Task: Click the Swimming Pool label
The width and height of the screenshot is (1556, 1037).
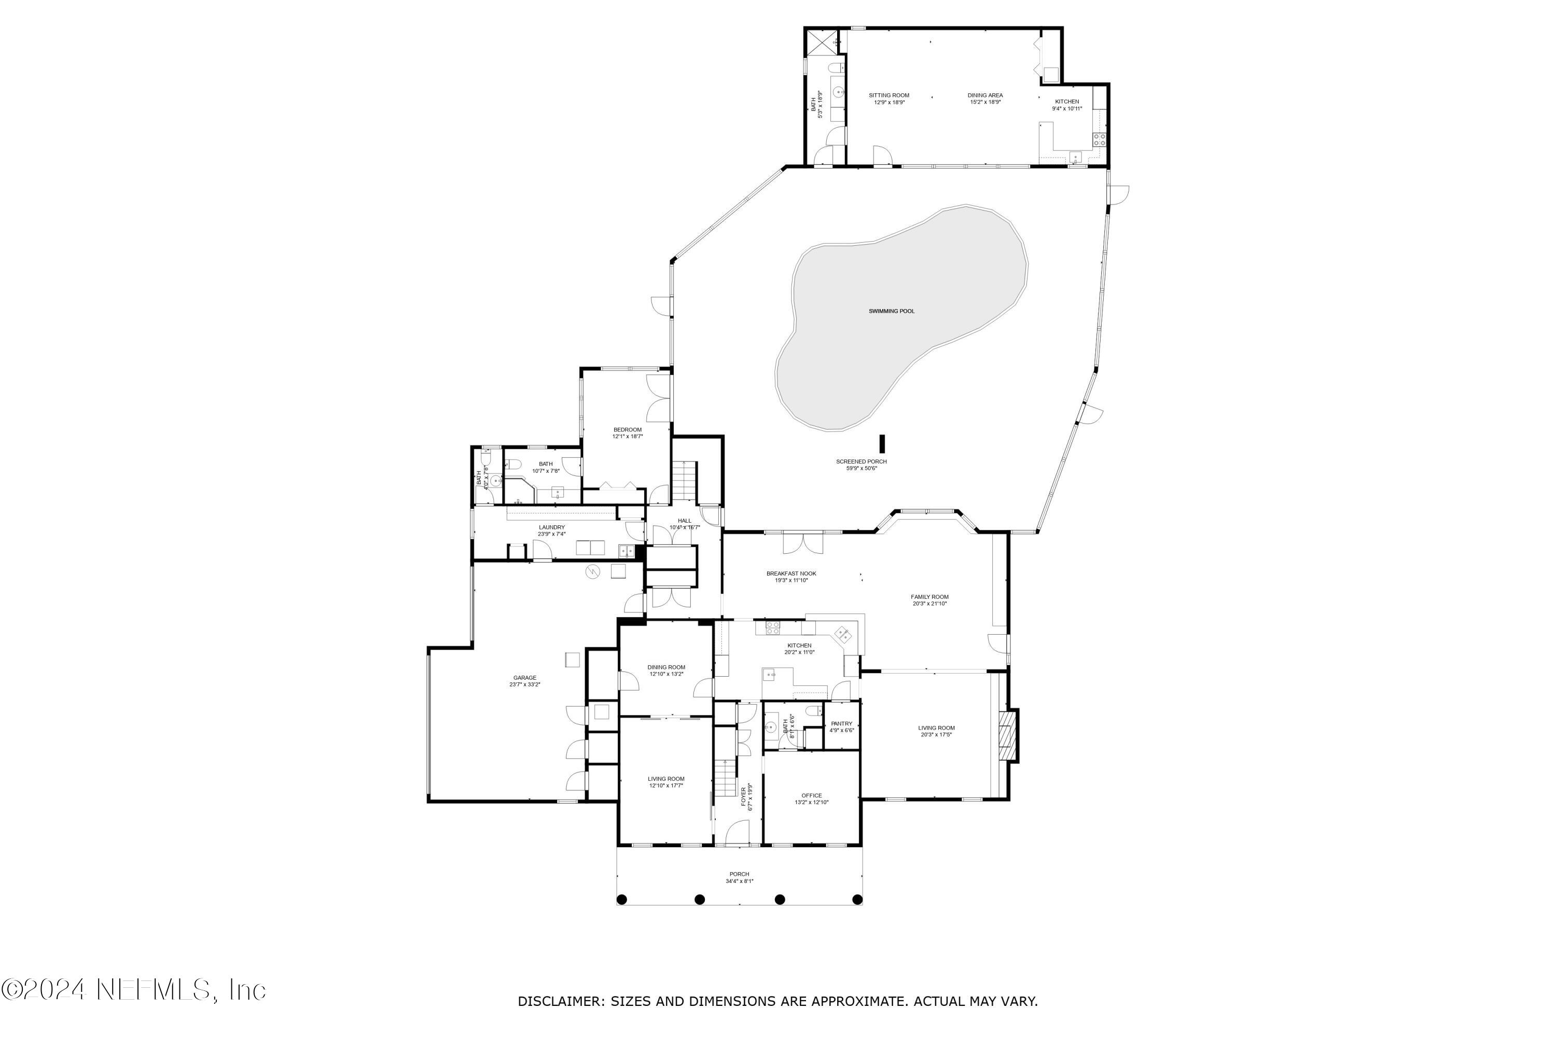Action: tap(891, 311)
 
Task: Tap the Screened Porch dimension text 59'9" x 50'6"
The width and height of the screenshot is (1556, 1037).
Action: tap(862, 469)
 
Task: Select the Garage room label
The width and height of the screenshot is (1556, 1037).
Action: tap(524, 678)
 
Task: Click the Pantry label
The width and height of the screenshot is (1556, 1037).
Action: tap(841, 723)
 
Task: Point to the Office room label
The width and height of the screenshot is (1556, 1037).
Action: tap(811, 795)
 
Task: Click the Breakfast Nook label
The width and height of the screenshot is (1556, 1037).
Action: tap(791, 573)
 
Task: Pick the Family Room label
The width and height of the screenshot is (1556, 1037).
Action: tap(929, 597)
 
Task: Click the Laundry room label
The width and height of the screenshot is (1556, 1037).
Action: tap(552, 527)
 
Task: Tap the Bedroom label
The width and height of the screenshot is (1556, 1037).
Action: tap(627, 430)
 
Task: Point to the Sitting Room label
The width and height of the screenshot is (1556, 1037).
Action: tap(889, 95)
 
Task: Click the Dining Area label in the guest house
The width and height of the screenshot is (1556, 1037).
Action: tap(985, 95)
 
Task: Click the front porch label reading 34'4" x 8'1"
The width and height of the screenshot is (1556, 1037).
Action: tap(739, 881)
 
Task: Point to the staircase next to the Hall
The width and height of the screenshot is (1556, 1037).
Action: tap(685, 481)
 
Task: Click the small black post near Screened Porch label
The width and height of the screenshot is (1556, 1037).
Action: tap(882, 443)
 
